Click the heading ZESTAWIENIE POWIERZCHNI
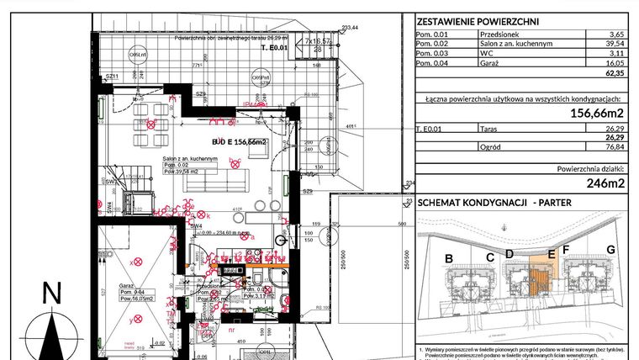click(x=478, y=23)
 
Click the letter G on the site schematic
click(x=610, y=250)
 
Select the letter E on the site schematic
click(x=551, y=252)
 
